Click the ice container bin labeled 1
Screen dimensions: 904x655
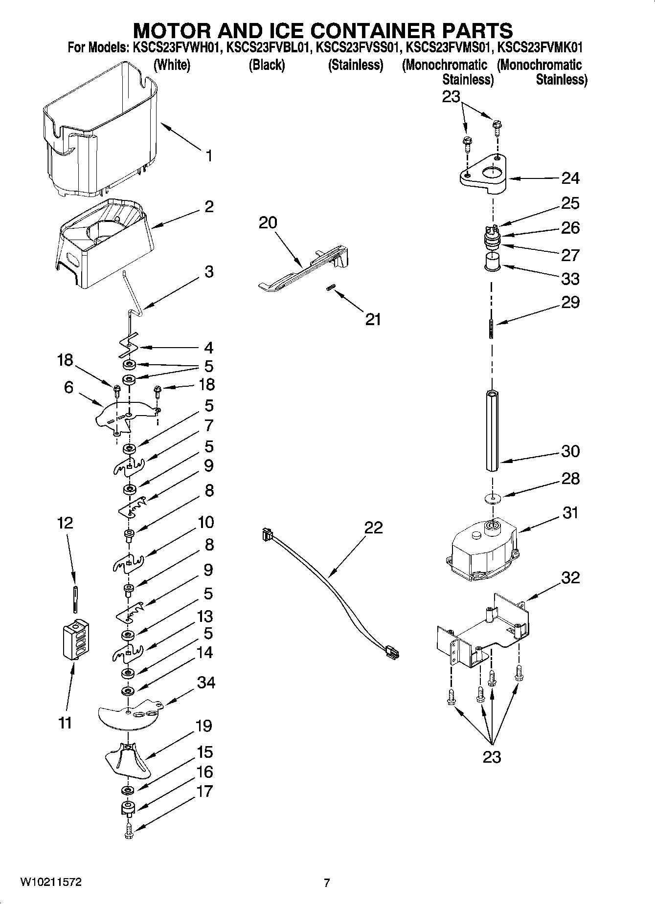[100, 130]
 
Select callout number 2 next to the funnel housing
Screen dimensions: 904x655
[209, 206]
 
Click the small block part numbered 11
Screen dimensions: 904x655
[75, 639]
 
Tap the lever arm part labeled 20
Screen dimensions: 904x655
[303, 269]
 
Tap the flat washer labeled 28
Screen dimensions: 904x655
[492, 498]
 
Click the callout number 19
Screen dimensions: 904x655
[203, 726]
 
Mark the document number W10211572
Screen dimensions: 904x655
[51, 882]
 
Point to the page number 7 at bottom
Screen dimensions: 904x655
[327, 882]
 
